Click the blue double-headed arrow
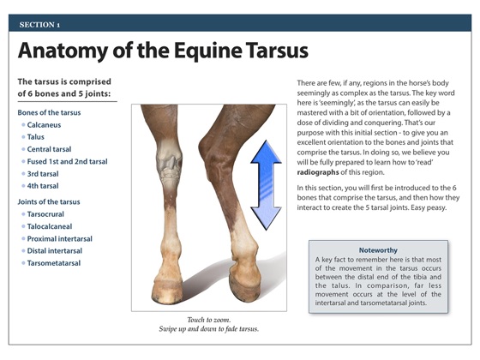266,185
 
